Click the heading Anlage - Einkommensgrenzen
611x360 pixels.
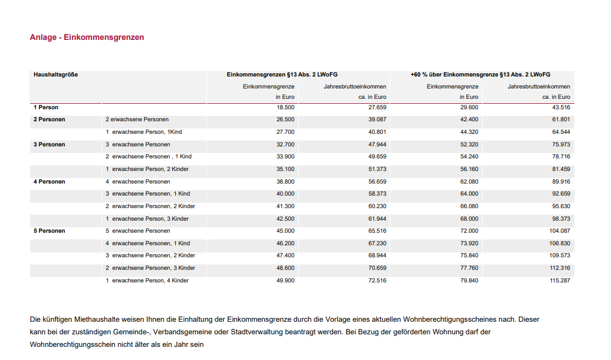(87, 38)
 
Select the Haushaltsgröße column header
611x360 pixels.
(56, 75)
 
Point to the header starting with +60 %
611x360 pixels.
(480, 75)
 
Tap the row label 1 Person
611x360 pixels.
(46, 108)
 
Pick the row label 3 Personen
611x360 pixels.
(49, 145)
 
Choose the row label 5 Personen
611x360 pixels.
(49, 231)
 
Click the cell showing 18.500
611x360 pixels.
(286, 108)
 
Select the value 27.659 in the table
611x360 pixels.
(377, 108)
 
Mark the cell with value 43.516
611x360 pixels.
(561, 108)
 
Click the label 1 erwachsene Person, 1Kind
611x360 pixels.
(144, 132)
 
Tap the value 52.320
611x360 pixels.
(469, 145)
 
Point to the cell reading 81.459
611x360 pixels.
(561, 169)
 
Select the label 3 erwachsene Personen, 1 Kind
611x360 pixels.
(147, 194)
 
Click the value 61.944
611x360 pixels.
(377, 219)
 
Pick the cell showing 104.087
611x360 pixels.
(559, 231)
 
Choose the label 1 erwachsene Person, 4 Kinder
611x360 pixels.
(147, 280)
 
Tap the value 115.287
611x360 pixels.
(559, 280)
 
